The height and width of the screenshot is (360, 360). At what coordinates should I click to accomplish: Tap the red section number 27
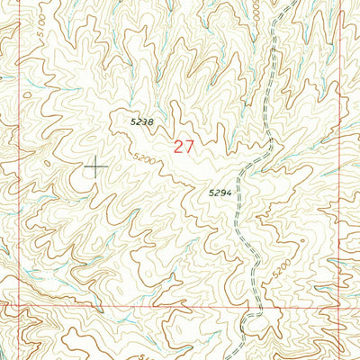coord(184,146)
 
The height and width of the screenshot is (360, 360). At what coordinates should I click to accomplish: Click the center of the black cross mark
coord(95,165)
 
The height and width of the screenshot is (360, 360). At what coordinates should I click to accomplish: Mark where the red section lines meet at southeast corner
coord(338,306)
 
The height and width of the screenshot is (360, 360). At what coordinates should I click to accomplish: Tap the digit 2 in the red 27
coord(178,146)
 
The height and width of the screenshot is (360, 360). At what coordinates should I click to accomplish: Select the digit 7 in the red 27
coord(189,146)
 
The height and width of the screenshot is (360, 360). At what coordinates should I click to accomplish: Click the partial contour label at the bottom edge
coord(148,356)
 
